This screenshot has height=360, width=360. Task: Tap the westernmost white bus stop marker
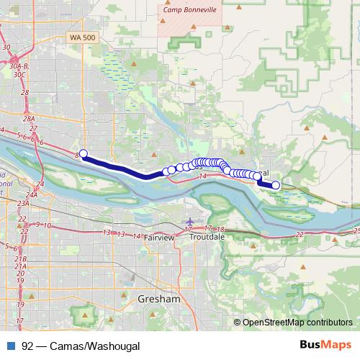pyautogui.click(x=84, y=153)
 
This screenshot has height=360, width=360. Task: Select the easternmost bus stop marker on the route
pyautogui.click(x=275, y=185)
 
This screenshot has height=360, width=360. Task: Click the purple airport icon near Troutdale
pyautogui.click(x=189, y=221)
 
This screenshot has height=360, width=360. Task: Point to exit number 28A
pyautogui.click(x=29, y=119)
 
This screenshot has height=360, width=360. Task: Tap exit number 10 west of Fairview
pyautogui.click(x=47, y=225)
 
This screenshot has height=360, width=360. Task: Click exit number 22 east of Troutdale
pyautogui.click(x=299, y=235)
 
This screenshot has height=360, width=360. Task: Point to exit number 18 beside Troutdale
pyautogui.click(x=220, y=229)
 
